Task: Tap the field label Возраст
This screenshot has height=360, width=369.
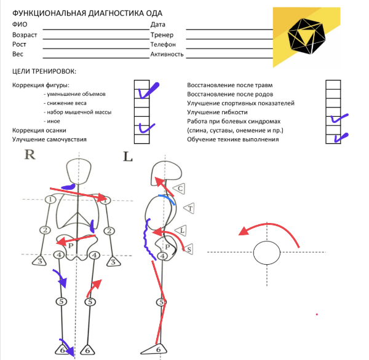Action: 25,35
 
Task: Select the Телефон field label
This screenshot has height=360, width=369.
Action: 163,45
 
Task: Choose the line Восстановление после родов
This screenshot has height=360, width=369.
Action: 231,94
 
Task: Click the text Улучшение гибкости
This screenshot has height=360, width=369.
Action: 217,112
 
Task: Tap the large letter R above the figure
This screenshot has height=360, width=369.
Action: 29,154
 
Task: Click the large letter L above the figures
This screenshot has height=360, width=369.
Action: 128,156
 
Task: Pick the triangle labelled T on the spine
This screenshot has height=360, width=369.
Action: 190,209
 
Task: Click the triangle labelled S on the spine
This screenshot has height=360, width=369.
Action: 189,248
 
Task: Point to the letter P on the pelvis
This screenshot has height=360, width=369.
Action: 71,245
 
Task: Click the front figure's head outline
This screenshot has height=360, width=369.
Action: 79,171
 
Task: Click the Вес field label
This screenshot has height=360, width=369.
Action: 18,54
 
